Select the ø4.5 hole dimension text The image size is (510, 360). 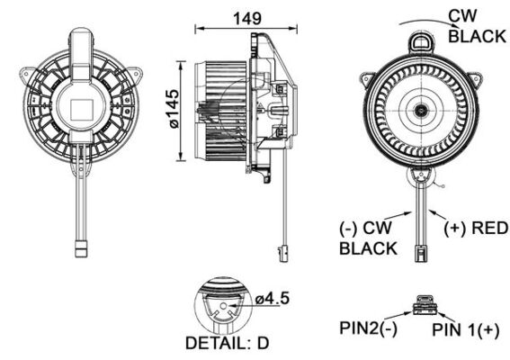(270, 299)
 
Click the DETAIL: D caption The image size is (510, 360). (225, 343)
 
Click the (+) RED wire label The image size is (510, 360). (476, 227)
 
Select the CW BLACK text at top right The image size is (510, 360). (477, 26)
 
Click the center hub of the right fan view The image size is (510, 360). (421, 111)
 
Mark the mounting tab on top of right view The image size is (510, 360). (421, 40)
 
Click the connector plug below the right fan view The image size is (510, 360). (421, 245)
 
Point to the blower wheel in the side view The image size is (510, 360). (220, 111)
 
